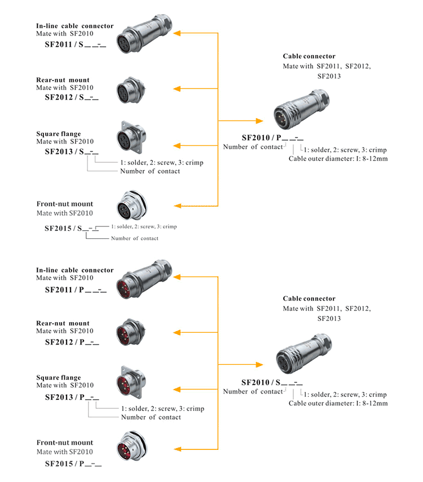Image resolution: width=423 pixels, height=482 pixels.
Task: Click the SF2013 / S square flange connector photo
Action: point(131,137)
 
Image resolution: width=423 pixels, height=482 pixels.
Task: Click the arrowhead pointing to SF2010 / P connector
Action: point(259,120)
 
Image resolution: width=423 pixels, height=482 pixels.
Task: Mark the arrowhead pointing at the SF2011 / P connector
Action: point(177,276)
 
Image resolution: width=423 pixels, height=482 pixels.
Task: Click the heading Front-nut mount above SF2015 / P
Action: point(65,443)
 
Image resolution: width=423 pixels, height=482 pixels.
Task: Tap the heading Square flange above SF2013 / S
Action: point(59,133)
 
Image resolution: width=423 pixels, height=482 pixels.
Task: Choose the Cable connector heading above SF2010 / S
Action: point(309,298)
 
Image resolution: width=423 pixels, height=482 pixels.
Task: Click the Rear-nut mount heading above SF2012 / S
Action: point(63,80)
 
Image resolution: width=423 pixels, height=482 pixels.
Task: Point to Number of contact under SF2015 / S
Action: point(135,238)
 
